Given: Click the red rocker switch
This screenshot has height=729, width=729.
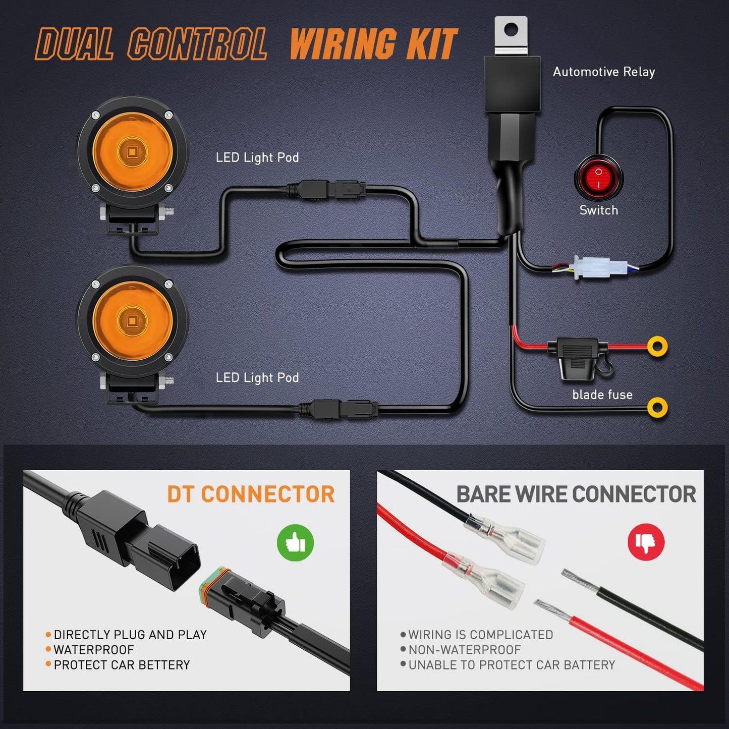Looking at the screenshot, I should pos(598,178).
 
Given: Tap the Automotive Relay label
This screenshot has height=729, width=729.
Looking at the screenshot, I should pos(604,72).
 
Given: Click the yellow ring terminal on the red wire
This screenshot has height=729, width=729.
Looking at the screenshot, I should pos(657,346).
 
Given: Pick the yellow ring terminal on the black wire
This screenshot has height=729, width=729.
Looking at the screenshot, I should pos(657,407).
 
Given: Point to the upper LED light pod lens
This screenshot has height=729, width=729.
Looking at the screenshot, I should pos(132,150).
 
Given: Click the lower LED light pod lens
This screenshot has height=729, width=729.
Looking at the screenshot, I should pos(132,321).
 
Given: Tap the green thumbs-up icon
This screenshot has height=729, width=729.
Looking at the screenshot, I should pos(296,542).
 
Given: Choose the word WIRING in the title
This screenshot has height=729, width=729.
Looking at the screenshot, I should pos(343,44).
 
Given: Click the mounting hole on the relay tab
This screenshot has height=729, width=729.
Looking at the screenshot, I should pos(511,29).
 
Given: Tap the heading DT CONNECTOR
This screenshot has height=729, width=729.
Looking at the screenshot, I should pos(251,494).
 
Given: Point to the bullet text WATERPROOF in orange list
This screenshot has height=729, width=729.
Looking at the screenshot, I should pos(94,650).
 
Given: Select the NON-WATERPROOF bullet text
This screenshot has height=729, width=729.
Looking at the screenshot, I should pos(465,650).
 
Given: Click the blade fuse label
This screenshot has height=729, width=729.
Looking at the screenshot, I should pos(602,395).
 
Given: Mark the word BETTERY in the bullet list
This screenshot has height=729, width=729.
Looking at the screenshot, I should pos(164,665).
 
